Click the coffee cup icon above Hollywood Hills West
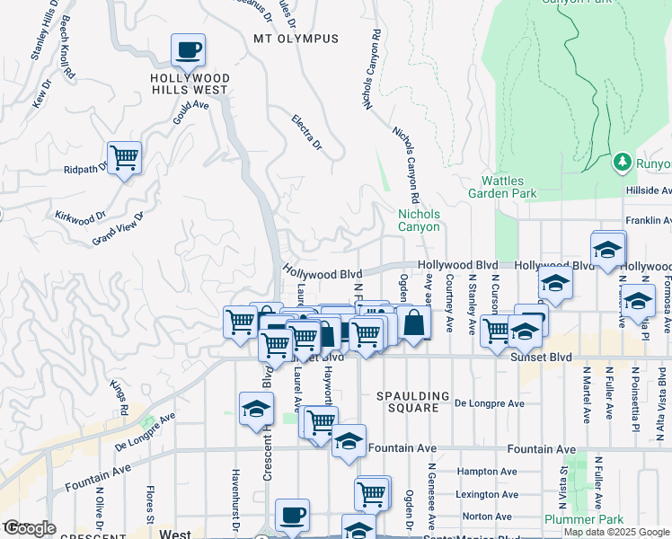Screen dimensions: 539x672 (188, 50)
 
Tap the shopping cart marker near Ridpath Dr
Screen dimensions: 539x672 (124, 158)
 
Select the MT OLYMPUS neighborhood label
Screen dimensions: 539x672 (296, 39)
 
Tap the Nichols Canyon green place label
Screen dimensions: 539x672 (419, 220)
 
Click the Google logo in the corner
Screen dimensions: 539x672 (30, 528)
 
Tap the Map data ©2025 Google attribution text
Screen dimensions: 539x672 (615, 532)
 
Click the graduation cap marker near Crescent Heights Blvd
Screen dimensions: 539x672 (256, 409)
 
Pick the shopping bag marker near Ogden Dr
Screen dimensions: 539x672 (411, 323)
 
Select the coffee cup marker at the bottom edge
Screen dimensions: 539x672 (292, 515)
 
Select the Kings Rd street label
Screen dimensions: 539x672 (119, 397)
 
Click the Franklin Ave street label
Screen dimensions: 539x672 (649, 219)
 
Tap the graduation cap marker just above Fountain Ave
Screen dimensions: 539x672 (349, 441)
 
